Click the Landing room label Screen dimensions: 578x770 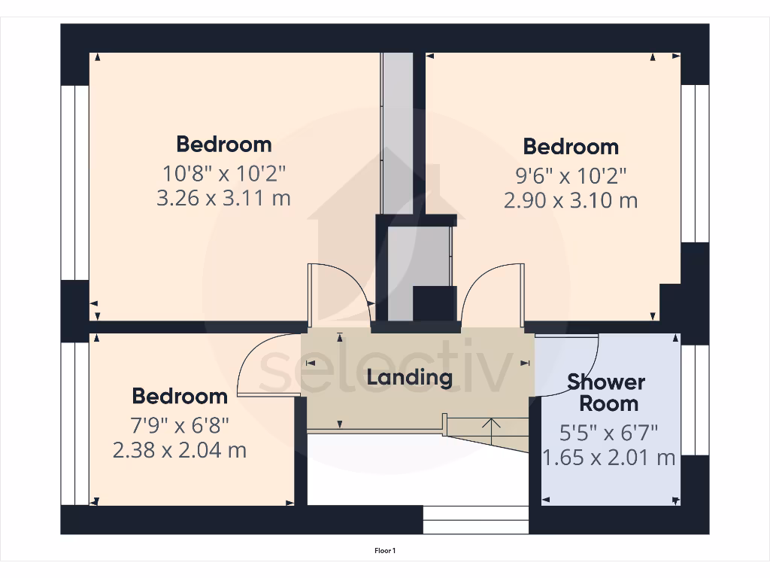(x=409, y=377)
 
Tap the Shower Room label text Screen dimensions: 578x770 (x=606, y=392)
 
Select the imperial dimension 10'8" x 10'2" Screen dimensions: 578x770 (x=224, y=173)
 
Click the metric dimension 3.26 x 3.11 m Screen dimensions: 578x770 (x=224, y=198)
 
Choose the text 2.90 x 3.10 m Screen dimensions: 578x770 (x=571, y=200)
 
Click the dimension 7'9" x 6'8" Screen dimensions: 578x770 (x=180, y=425)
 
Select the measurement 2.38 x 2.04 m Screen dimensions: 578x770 (x=180, y=450)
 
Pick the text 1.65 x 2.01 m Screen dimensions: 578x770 (x=608, y=458)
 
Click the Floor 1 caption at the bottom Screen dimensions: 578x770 (x=385, y=551)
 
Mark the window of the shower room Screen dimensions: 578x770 (x=695, y=400)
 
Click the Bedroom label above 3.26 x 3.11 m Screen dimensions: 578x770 (x=224, y=144)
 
